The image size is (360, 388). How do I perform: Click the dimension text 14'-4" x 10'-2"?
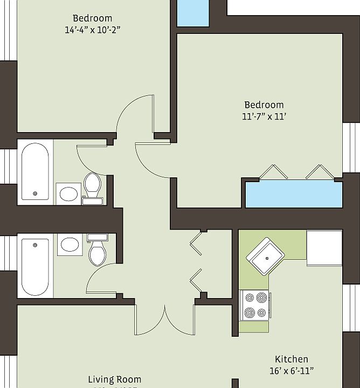click(92, 30)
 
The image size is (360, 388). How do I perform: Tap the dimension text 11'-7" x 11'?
click(264, 116)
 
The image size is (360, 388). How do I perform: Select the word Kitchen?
click(292, 359)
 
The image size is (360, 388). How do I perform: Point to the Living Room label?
click(115, 379)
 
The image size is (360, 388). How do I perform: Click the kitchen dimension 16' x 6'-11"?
click(292, 371)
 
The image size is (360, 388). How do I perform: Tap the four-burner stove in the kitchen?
click(255, 305)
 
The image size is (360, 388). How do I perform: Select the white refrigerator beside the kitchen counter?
click(324, 248)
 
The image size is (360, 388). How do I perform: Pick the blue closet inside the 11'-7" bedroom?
click(294, 194)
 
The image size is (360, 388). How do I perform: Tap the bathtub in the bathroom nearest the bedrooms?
click(36, 172)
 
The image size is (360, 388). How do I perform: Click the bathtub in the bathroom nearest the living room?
click(36, 266)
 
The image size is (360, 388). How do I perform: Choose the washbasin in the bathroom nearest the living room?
click(70, 245)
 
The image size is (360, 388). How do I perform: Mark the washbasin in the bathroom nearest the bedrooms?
click(68, 193)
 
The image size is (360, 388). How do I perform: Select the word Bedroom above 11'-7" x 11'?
click(264, 105)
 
